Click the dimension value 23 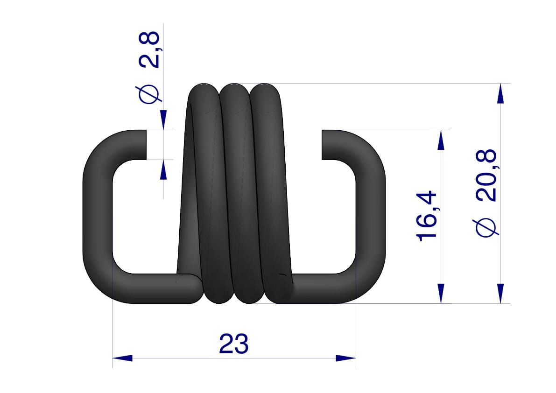[x=234, y=344]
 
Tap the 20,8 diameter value [x=486, y=176]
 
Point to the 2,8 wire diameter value [x=149, y=49]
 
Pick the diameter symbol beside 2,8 [x=149, y=94]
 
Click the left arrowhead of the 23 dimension [x=122, y=358]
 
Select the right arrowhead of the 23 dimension [x=346, y=358]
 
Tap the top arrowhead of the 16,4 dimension [x=441, y=140]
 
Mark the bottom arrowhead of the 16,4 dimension [x=441, y=294]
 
